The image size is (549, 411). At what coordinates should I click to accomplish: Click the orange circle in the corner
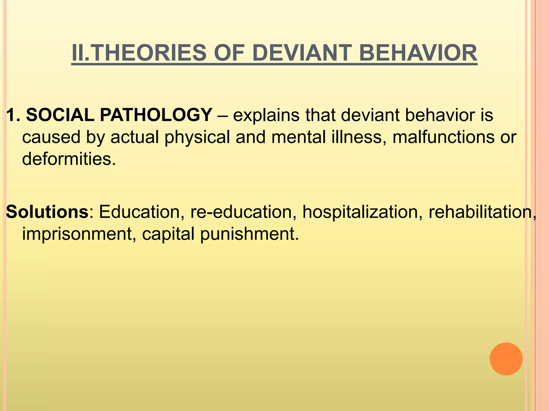[x=506, y=359]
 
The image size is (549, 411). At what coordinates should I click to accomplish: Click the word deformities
[x=69, y=159]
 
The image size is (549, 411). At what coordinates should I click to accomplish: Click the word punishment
[x=249, y=234]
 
